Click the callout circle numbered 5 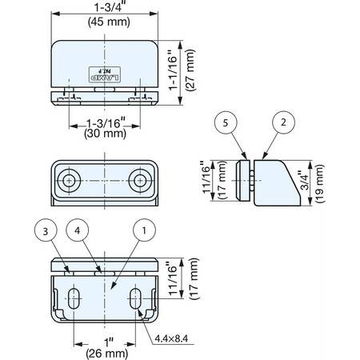pyautogui.click(x=226, y=122)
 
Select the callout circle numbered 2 pyautogui.click(x=283, y=122)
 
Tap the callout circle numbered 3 pyautogui.click(x=46, y=231)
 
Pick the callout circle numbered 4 pyautogui.click(x=78, y=230)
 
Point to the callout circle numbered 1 pyautogui.click(x=144, y=230)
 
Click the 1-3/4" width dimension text pyautogui.click(x=110, y=7)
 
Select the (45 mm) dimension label pyautogui.click(x=109, y=22)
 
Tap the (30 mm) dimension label pyautogui.click(x=105, y=134)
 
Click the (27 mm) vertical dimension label pyautogui.click(x=191, y=70)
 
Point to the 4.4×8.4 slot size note pyautogui.click(x=171, y=338)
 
